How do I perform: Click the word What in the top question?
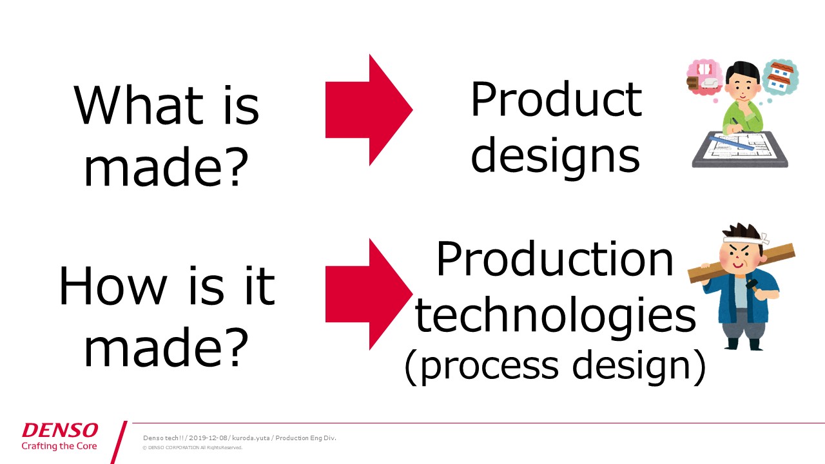point(139,105)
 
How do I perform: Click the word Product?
point(556,99)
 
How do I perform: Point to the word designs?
point(556,158)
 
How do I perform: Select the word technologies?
point(555,316)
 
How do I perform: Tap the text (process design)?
point(555,367)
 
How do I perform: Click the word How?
point(113,285)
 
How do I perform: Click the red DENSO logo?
point(60,430)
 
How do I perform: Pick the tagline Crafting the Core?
point(59,446)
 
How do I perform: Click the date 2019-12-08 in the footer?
point(208,438)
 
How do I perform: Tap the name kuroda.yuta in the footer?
point(251,438)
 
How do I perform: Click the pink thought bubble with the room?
point(704,77)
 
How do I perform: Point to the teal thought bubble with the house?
point(781,77)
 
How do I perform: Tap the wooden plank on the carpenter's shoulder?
point(741,263)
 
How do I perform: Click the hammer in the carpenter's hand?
point(753,287)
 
